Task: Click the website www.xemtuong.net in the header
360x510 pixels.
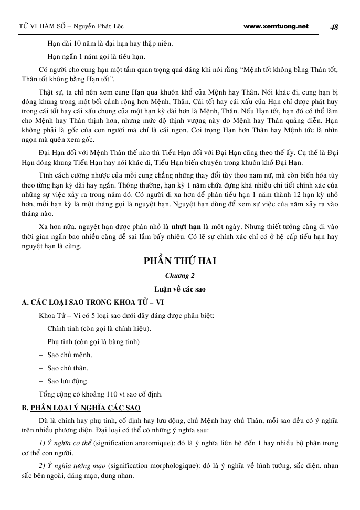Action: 277,26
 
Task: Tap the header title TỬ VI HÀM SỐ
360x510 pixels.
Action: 34,27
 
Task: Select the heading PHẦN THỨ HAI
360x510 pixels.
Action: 180,262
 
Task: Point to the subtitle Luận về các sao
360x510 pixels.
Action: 180,289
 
